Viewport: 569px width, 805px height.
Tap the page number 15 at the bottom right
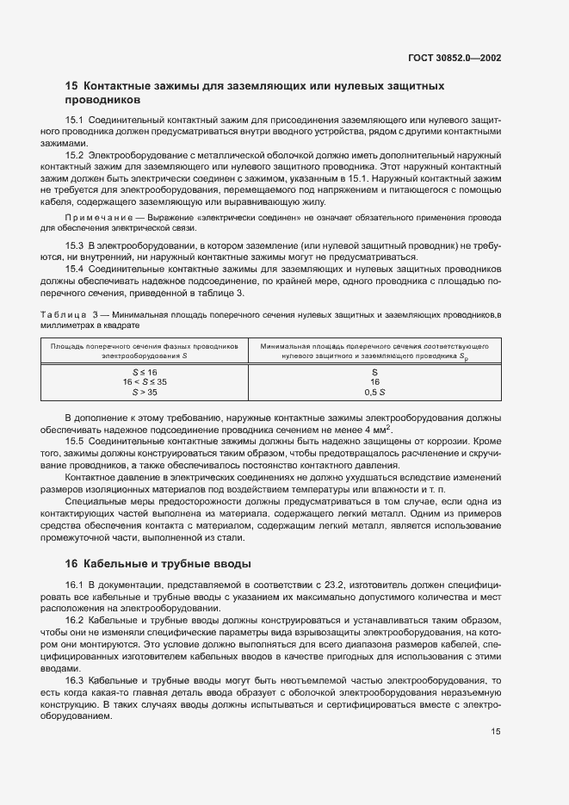tap(496, 732)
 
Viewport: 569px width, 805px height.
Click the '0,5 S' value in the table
tap(374, 391)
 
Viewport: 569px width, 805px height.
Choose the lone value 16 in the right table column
tap(374, 381)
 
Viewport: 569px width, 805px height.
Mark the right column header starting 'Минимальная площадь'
tap(374, 344)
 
